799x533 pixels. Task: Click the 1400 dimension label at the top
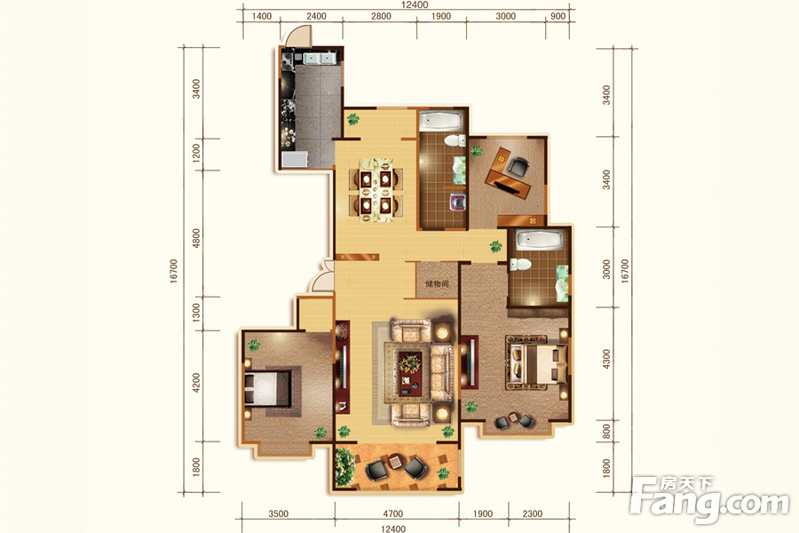tap(261, 16)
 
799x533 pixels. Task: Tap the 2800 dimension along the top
tap(381, 16)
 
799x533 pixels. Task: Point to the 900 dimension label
tap(558, 16)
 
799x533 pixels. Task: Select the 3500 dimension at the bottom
tap(278, 513)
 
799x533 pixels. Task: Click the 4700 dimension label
tap(393, 513)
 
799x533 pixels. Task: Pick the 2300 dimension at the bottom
tap(533, 513)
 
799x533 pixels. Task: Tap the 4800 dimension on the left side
tap(196, 238)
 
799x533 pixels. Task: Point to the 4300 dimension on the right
tap(605, 359)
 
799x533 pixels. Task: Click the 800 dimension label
tap(605, 432)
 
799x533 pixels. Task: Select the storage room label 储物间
tap(437, 283)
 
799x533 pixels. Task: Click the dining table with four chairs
tap(376, 190)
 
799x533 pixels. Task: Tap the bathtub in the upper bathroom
tap(440, 121)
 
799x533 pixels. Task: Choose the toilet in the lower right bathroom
tap(520, 264)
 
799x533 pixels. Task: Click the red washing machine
tap(458, 202)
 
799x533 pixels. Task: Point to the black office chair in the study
tap(518, 166)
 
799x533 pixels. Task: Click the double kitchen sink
tap(319, 58)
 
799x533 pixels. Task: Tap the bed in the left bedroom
tap(267, 388)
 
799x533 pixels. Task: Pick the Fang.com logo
tap(709, 499)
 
